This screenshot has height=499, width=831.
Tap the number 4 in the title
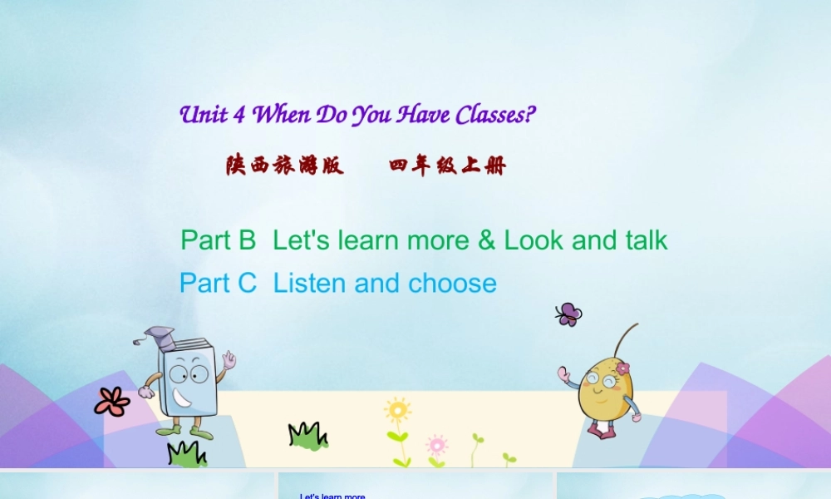click(239, 116)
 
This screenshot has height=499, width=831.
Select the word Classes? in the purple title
click(490, 115)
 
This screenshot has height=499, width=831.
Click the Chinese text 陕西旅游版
click(284, 166)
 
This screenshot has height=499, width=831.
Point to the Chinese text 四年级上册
click(447, 166)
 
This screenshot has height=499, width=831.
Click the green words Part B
click(219, 240)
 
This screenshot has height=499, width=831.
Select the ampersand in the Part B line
click(486, 240)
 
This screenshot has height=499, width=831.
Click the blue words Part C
click(219, 284)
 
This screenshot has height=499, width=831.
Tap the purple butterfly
click(568, 314)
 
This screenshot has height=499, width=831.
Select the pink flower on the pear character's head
click(622, 367)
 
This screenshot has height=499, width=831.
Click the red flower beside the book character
click(112, 401)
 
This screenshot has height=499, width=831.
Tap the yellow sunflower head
click(397, 409)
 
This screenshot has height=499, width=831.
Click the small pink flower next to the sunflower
click(436, 443)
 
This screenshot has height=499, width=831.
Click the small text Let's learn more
click(332, 497)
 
